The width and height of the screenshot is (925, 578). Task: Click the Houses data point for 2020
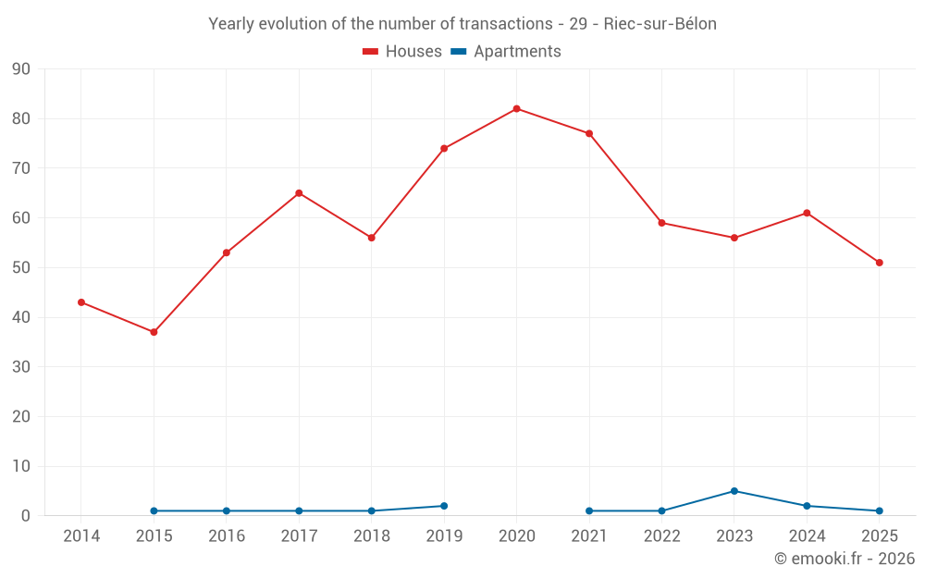point(517,108)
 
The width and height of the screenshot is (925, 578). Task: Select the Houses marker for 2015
point(154,332)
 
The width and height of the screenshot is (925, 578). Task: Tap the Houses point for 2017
point(299,193)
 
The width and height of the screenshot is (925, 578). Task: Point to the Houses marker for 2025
point(880,263)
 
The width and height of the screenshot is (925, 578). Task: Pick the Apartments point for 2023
point(734,491)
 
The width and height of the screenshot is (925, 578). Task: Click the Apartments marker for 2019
point(444,506)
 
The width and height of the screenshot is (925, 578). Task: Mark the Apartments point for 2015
point(154,510)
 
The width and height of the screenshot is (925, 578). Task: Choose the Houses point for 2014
point(81,302)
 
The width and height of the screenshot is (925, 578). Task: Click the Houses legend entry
point(401,51)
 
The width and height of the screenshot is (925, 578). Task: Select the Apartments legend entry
point(506,51)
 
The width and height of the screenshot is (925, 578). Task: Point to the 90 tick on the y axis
point(20,69)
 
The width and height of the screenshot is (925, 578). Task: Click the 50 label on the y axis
point(20,267)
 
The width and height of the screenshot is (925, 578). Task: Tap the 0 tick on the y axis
point(25,515)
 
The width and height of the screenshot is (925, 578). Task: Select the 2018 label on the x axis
point(372,535)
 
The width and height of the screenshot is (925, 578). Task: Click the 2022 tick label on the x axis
point(662,535)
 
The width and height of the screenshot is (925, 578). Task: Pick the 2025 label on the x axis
point(880,535)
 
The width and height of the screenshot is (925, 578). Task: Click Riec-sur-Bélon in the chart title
point(660,24)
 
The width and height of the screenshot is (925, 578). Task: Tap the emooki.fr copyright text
point(845,558)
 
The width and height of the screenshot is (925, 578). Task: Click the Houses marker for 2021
point(589,133)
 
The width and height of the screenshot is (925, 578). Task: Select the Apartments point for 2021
point(589,510)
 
